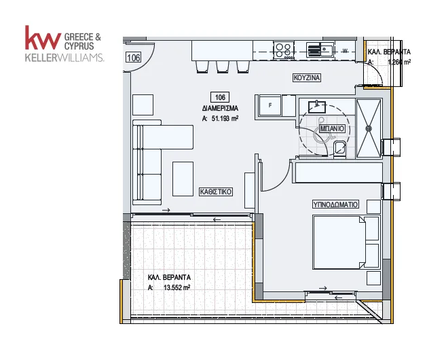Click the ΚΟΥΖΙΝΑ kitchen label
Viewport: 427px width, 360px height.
(307, 77)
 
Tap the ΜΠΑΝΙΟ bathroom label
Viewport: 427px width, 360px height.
(332, 128)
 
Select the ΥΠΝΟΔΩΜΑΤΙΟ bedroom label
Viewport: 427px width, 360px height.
(335, 204)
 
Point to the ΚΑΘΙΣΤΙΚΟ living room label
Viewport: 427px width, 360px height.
(216, 192)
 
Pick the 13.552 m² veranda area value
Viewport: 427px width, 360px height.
(177, 287)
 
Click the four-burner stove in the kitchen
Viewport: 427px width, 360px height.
(284, 50)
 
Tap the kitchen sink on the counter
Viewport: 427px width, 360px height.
(320, 50)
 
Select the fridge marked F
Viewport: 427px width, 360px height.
(270, 105)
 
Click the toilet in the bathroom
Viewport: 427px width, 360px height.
(339, 149)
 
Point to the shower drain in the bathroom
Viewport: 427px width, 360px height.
(369, 128)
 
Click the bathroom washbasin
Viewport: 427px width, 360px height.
(317, 107)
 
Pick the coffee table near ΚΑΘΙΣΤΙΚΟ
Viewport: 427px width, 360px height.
(183, 179)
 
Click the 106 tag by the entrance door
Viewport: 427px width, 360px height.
(134, 58)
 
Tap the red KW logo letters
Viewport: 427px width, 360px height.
(43, 37)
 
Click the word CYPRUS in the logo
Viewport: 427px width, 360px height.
(79, 46)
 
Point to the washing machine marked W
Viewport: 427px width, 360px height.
(345, 51)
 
